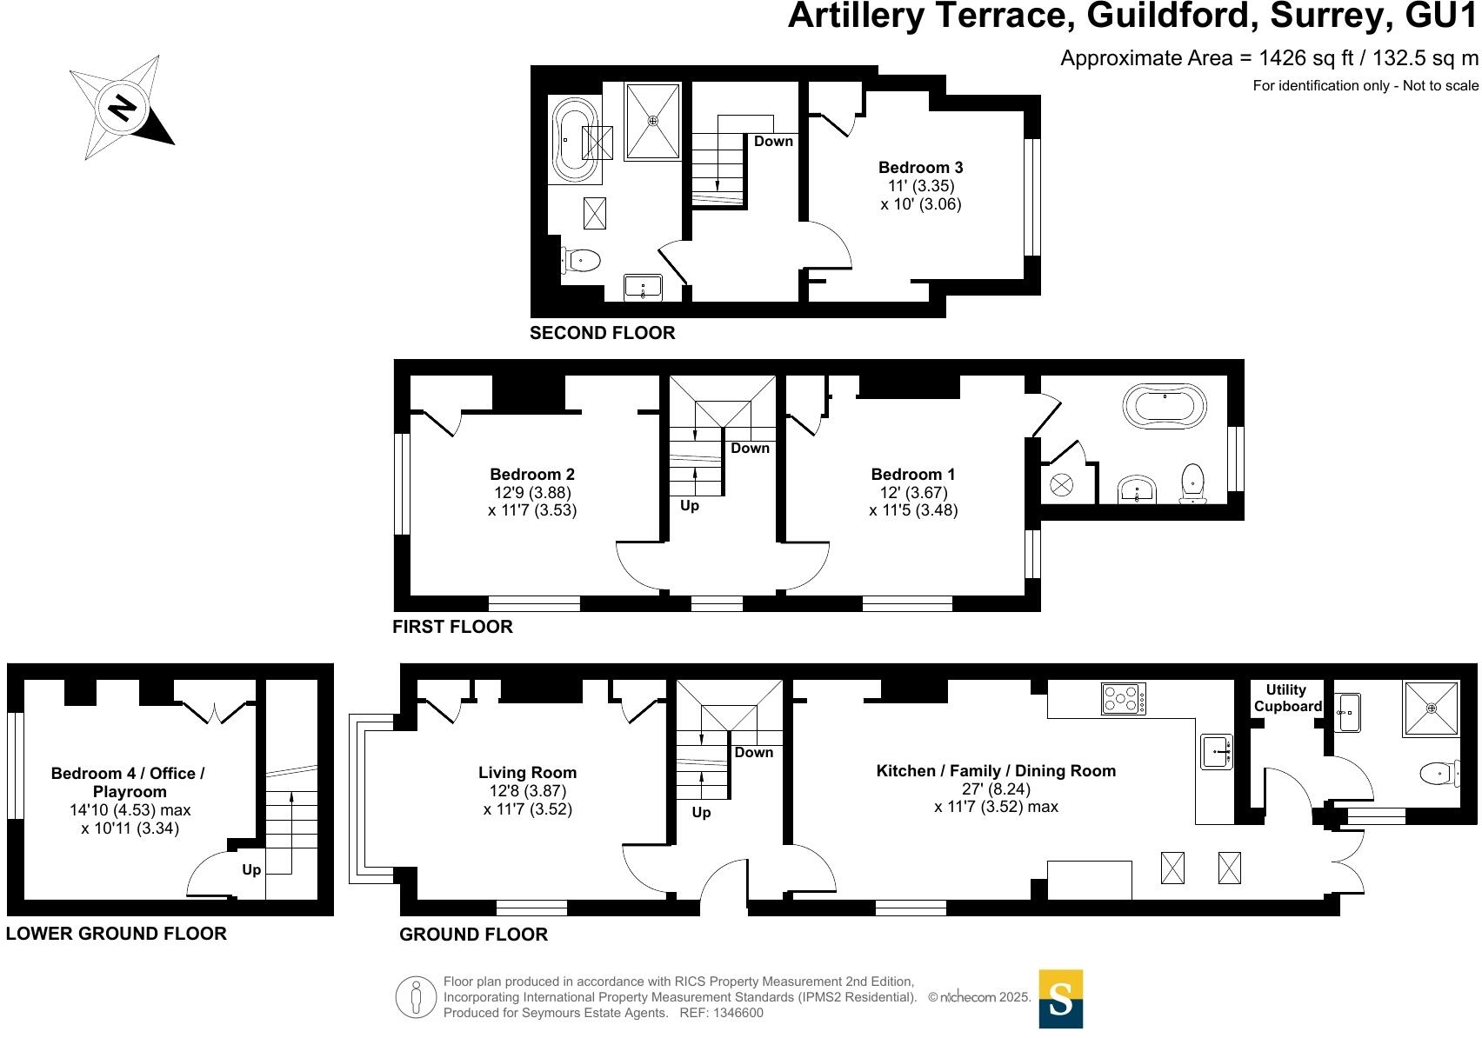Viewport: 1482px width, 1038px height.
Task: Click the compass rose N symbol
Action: tap(123, 108)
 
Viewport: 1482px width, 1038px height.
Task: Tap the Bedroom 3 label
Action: tap(920, 168)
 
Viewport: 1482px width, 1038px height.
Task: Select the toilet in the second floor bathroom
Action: tap(582, 260)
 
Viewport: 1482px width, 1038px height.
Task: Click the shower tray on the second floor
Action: tap(652, 122)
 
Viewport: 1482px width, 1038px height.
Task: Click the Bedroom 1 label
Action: tap(912, 475)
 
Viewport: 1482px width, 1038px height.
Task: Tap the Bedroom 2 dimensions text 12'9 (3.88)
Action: tap(531, 493)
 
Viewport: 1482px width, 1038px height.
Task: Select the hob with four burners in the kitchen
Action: tap(1124, 699)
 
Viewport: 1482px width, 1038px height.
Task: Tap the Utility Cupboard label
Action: tap(1286, 698)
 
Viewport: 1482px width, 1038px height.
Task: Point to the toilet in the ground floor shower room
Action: tap(1439, 773)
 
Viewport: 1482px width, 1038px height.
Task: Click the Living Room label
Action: tap(527, 773)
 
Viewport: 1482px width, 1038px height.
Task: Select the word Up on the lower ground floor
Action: tap(251, 870)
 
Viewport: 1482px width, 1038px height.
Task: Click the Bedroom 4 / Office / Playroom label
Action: tap(129, 782)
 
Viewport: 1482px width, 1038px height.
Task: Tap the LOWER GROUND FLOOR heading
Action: tap(116, 934)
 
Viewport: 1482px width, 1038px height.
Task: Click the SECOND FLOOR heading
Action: tap(602, 333)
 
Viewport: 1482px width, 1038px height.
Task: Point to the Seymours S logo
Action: tap(1060, 999)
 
